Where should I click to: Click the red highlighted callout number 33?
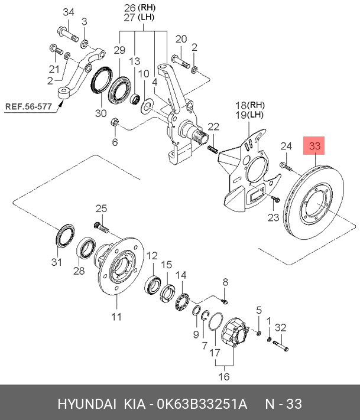pyautogui.click(x=314, y=146)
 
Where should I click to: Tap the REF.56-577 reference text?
pyautogui.click(x=28, y=106)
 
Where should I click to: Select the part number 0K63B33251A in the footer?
pyautogui.click(x=202, y=403)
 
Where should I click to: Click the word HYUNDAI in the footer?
pyautogui.click(x=87, y=403)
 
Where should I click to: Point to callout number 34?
pyautogui.click(x=69, y=12)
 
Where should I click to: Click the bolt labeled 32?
pyautogui.click(x=280, y=346)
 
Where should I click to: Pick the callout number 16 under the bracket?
pyautogui.click(x=224, y=377)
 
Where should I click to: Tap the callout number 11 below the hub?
pyautogui.click(x=116, y=317)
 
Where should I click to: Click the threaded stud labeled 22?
pyautogui.click(x=213, y=149)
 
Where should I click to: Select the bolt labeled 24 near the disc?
pyautogui.click(x=286, y=167)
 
